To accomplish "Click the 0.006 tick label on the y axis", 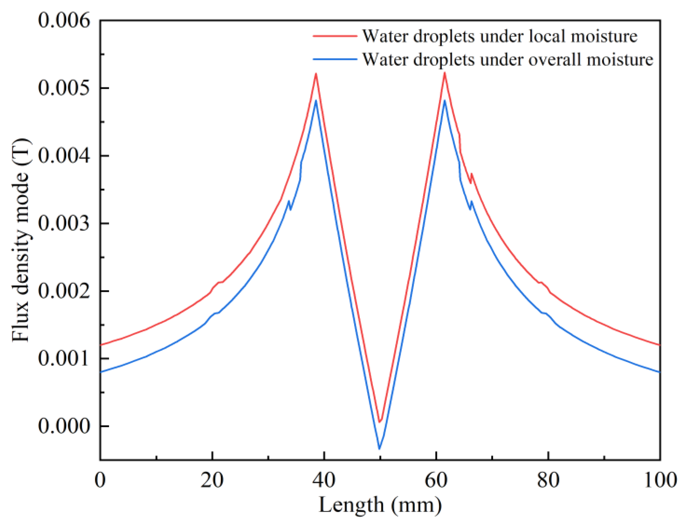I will (64, 20).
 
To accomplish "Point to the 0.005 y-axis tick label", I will (64, 88).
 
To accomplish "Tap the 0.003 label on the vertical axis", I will (64, 223).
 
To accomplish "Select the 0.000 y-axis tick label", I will (64, 426).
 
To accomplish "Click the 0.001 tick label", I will (64, 359).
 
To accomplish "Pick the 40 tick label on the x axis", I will (324, 480).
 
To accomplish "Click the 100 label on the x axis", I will (660, 480).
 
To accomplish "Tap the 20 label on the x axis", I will (212, 480).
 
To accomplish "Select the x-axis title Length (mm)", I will (380, 505).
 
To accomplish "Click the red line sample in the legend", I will (335, 36).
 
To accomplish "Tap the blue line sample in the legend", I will (335, 59).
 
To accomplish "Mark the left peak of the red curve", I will (316, 74).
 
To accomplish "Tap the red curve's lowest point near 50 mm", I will (380, 422).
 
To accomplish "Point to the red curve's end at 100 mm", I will (660, 345).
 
